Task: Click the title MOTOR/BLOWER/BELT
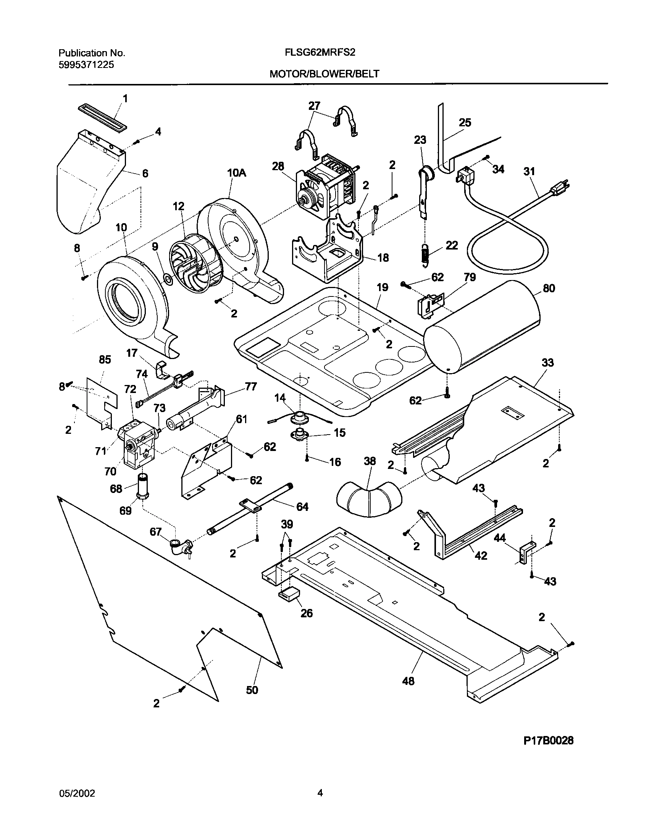[x=324, y=74]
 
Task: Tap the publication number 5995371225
[x=86, y=65]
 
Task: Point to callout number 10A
[x=236, y=173]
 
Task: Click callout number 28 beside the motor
[x=278, y=166]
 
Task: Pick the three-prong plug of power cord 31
[x=562, y=187]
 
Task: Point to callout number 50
[x=252, y=690]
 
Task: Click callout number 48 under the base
[x=408, y=681]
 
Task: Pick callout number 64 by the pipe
[x=302, y=507]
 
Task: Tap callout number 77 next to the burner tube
[x=251, y=387]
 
